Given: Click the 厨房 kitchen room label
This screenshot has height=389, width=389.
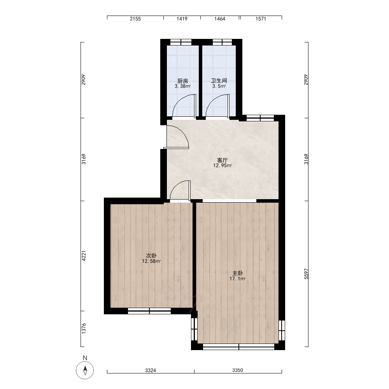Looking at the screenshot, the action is pyautogui.click(x=182, y=81).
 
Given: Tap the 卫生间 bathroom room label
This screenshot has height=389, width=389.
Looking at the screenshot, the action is pyautogui.click(x=219, y=81).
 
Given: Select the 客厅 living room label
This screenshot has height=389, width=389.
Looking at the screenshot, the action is pyautogui.click(x=222, y=160).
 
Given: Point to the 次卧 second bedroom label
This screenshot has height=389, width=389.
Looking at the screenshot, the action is pyautogui.click(x=151, y=256).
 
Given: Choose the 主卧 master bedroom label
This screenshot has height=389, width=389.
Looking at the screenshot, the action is pyautogui.click(x=237, y=273).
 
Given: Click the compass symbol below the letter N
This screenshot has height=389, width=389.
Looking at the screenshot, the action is pyautogui.click(x=85, y=370).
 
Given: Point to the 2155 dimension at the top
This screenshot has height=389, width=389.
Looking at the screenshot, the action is pyautogui.click(x=135, y=19).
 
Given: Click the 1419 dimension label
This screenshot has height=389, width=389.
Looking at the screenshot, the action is pyautogui.click(x=182, y=19).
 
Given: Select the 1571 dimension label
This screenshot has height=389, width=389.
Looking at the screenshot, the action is pyautogui.click(x=261, y=19).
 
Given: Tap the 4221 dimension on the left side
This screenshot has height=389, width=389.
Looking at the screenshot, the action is pyautogui.click(x=84, y=256).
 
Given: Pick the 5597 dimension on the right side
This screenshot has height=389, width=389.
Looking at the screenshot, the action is pyautogui.click(x=307, y=274).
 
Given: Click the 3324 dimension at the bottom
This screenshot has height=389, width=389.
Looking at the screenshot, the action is pyautogui.click(x=151, y=370).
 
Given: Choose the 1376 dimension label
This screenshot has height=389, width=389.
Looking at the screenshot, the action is pyautogui.click(x=84, y=328).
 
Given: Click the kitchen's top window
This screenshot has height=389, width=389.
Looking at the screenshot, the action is pyautogui.click(x=181, y=42).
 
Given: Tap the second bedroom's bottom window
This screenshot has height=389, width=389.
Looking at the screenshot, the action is pyautogui.click(x=149, y=311).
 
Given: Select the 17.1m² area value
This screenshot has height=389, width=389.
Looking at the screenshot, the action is pyautogui.click(x=237, y=279).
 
